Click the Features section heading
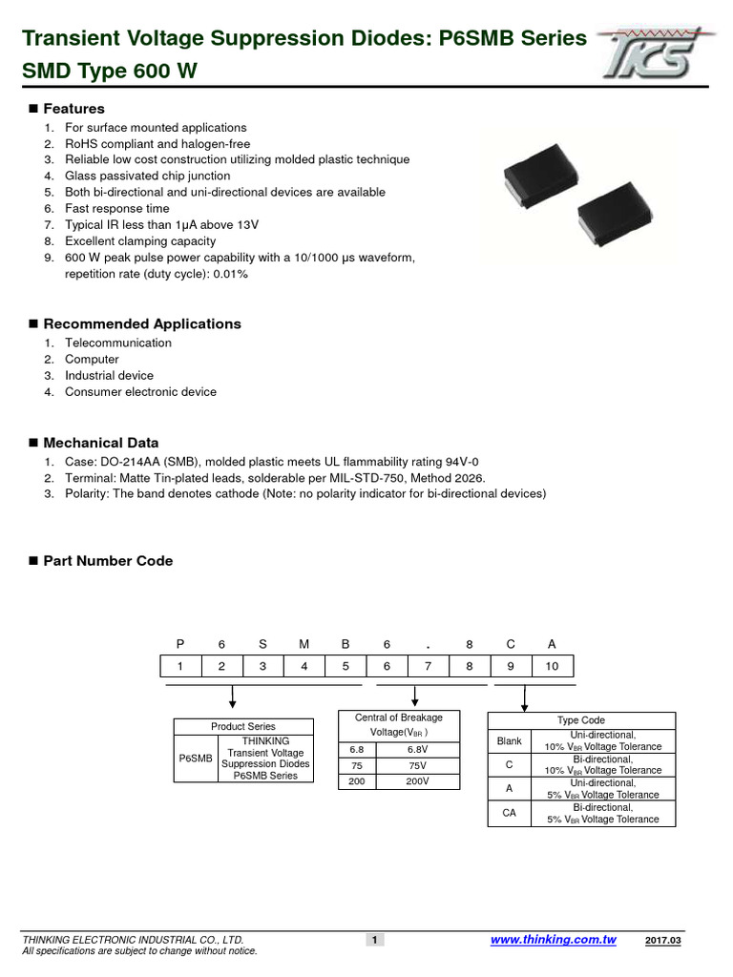[x=73, y=109]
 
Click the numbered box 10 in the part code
[x=553, y=667]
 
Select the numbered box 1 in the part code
[x=180, y=667]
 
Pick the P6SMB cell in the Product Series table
[x=196, y=759]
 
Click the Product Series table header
[x=243, y=727]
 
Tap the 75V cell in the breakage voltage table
[x=417, y=766]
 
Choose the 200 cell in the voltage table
[x=358, y=781]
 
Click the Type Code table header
[x=581, y=720]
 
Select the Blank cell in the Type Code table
[x=510, y=740]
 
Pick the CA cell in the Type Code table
[x=510, y=814]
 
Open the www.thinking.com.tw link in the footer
[x=554, y=941]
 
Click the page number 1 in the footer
[x=375, y=941]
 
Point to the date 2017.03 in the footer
[x=663, y=942]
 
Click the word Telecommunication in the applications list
[x=118, y=343]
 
